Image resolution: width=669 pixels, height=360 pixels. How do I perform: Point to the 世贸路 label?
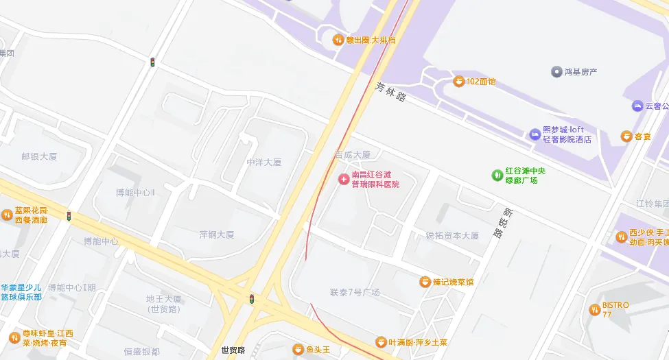233,350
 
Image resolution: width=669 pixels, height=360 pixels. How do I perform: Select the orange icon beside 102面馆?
458,82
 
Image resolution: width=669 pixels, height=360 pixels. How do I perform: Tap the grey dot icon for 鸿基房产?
556,71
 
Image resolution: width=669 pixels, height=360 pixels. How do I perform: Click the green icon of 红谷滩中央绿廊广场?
497,175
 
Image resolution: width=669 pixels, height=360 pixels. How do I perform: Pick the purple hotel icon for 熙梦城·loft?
535,134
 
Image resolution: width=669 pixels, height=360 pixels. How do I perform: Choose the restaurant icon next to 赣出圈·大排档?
338,40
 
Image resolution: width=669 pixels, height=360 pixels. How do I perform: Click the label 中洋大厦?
264,163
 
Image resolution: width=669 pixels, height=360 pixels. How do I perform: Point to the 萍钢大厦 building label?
217,235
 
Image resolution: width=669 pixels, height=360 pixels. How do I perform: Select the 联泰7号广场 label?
355,293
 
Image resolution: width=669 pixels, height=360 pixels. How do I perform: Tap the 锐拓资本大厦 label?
452,235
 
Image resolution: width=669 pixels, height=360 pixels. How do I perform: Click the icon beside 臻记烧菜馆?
425,282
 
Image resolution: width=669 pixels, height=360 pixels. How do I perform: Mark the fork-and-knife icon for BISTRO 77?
594,309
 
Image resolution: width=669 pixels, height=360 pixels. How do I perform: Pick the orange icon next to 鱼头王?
298,350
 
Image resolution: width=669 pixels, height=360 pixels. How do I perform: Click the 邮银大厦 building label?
39,156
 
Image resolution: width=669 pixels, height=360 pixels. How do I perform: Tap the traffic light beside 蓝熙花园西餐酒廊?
69,216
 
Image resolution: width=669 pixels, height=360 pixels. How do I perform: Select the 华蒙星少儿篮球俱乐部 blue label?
21,292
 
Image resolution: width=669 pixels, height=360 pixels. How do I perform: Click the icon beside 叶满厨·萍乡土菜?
381,342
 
